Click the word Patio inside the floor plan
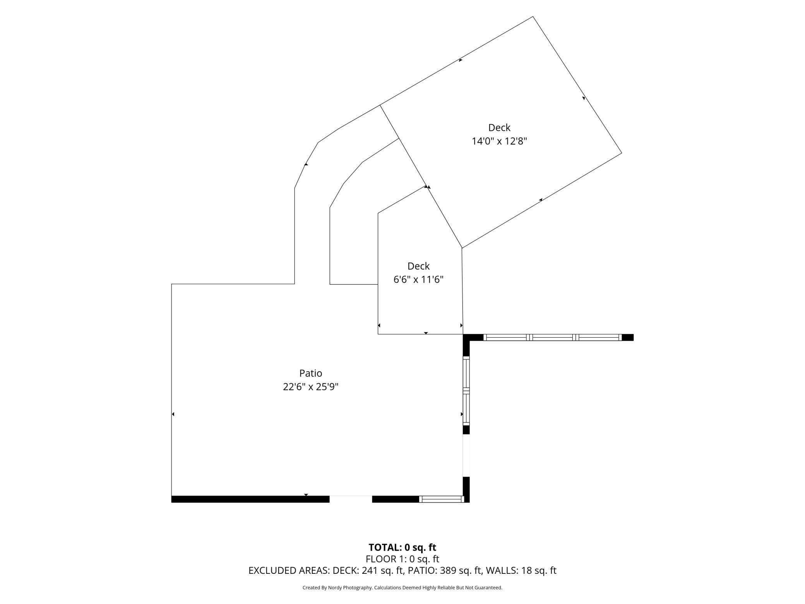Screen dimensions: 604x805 coord(310,373)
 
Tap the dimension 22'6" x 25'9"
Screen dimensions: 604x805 coord(310,387)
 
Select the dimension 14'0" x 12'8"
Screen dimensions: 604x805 coord(499,141)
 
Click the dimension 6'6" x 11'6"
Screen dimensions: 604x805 coord(418,280)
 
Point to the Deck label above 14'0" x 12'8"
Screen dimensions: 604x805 coord(499,128)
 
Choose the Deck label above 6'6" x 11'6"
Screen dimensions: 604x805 coord(418,266)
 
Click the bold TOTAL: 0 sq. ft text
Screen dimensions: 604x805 coord(402,547)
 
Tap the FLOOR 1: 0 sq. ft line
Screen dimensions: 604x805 coord(402,559)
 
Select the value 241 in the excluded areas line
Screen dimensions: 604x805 coord(370,571)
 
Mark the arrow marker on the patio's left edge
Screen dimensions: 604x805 coord(173,414)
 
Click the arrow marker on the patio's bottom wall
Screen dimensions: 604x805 coord(306,495)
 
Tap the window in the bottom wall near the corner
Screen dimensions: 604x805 coord(441,499)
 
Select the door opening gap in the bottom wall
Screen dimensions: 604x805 coord(351,499)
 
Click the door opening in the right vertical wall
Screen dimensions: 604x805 coord(466,456)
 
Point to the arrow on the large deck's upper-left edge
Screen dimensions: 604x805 coord(461,60)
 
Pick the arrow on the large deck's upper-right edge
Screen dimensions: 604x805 coord(584,98)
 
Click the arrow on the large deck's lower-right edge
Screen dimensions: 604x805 coord(541,200)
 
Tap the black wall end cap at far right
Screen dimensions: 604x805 coord(627,338)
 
